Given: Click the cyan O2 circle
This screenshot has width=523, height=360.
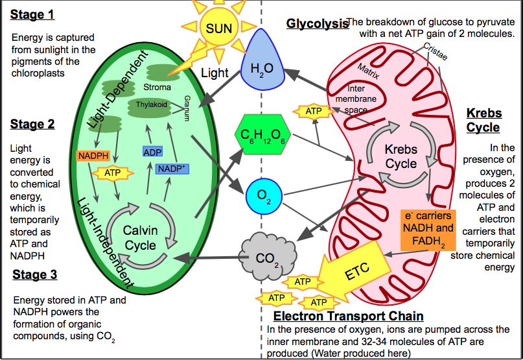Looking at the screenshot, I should tap(263, 195).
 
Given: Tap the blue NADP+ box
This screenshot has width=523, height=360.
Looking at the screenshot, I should tap(172, 169).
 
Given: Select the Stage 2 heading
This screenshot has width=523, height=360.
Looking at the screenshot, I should tap(33, 125).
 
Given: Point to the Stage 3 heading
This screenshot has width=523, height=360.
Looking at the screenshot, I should tap(35, 275).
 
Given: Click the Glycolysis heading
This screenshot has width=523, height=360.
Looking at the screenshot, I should tap(318, 24).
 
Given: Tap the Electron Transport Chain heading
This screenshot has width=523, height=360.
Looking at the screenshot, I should tap(349, 317).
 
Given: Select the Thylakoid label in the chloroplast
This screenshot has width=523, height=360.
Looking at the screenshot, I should tap(152, 104).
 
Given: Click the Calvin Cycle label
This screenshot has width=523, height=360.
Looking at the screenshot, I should tap(140, 237).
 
